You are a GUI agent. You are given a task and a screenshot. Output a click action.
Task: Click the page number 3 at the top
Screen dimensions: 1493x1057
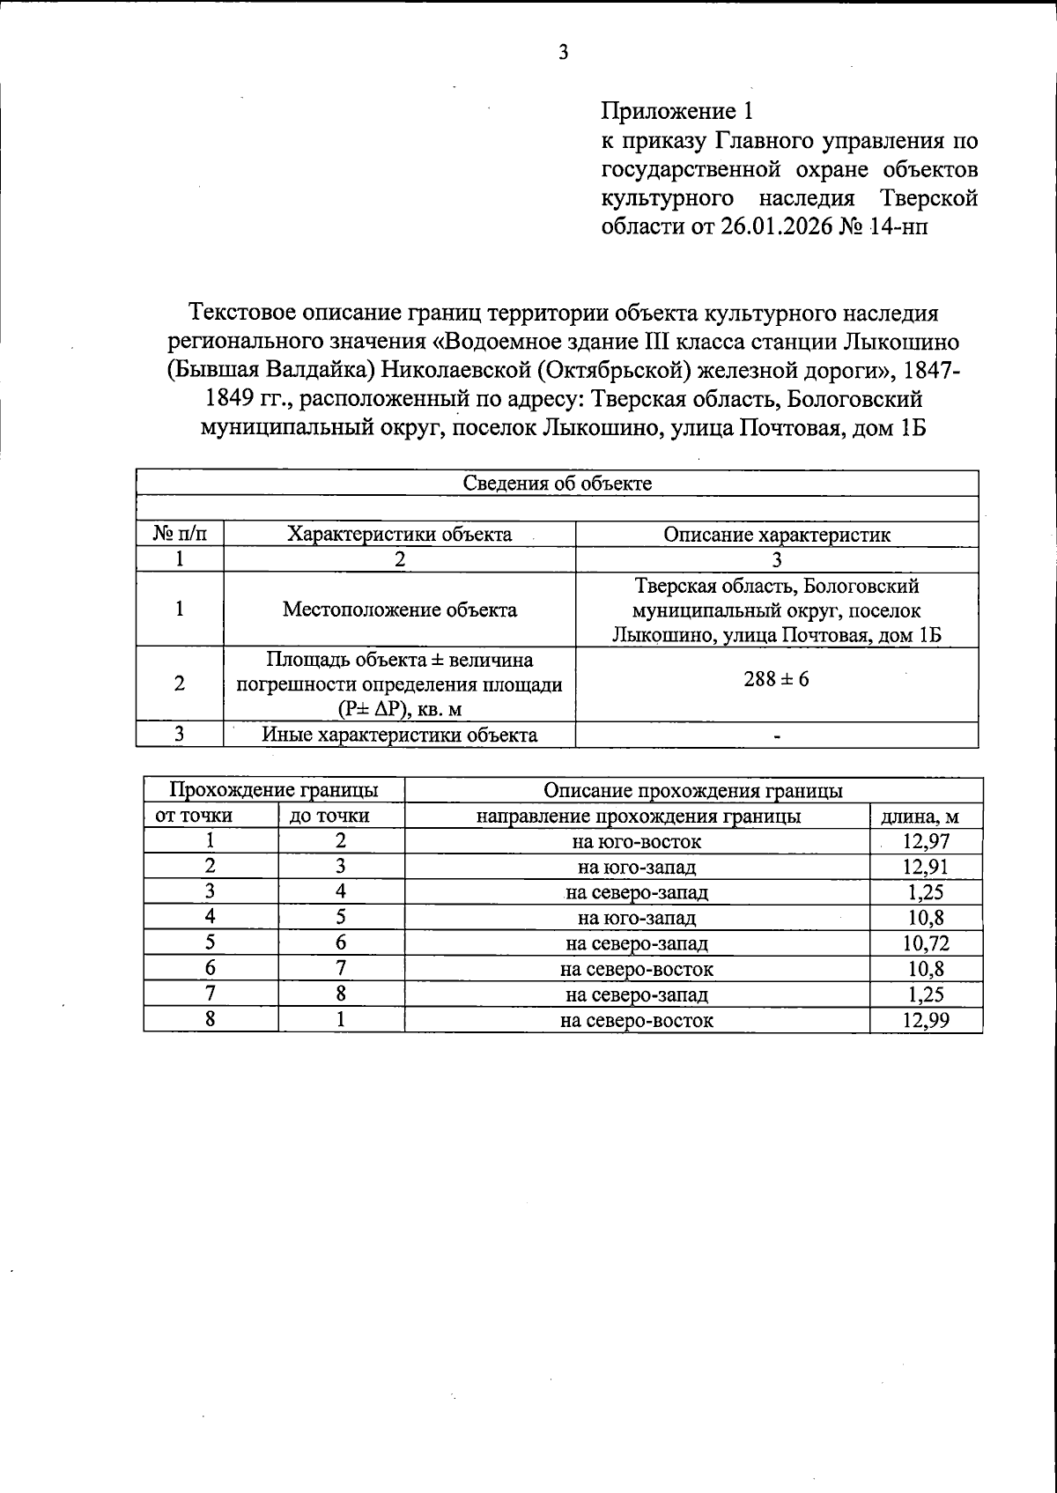[x=563, y=53]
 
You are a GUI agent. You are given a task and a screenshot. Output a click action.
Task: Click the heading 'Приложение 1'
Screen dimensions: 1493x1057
[x=677, y=111]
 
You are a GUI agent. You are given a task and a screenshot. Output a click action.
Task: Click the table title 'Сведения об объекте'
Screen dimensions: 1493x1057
[x=557, y=484]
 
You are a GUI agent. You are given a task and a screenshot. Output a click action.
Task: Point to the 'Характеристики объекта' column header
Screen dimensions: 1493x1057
[x=400, y=535]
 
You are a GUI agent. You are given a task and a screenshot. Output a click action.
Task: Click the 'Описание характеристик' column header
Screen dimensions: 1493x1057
[x=776, y=535]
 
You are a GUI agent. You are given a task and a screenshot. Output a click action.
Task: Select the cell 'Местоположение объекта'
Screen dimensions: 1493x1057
[x=400, y=610]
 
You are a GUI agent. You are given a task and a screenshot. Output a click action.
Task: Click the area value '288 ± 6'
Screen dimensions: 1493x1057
[x=776, y=679]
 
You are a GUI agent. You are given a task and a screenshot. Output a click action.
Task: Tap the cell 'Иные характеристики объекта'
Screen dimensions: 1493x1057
[x=400, y=735]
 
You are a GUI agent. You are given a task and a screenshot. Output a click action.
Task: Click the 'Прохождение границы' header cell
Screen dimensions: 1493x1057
[x=273, y=790]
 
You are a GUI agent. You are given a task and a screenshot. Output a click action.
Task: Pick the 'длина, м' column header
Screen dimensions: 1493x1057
[x=926, y=817]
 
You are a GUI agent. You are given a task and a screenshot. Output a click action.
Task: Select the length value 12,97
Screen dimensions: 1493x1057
[x=926, y=841]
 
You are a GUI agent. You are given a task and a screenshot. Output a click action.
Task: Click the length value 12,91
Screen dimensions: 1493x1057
[x=926, y=867]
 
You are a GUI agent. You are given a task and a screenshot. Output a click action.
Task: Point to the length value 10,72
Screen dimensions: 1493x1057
[x=926, y=944]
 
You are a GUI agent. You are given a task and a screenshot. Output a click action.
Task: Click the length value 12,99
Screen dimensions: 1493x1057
[x=926, y=1021]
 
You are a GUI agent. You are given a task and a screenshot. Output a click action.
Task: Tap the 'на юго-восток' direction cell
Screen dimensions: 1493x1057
[x=636, y=841]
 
